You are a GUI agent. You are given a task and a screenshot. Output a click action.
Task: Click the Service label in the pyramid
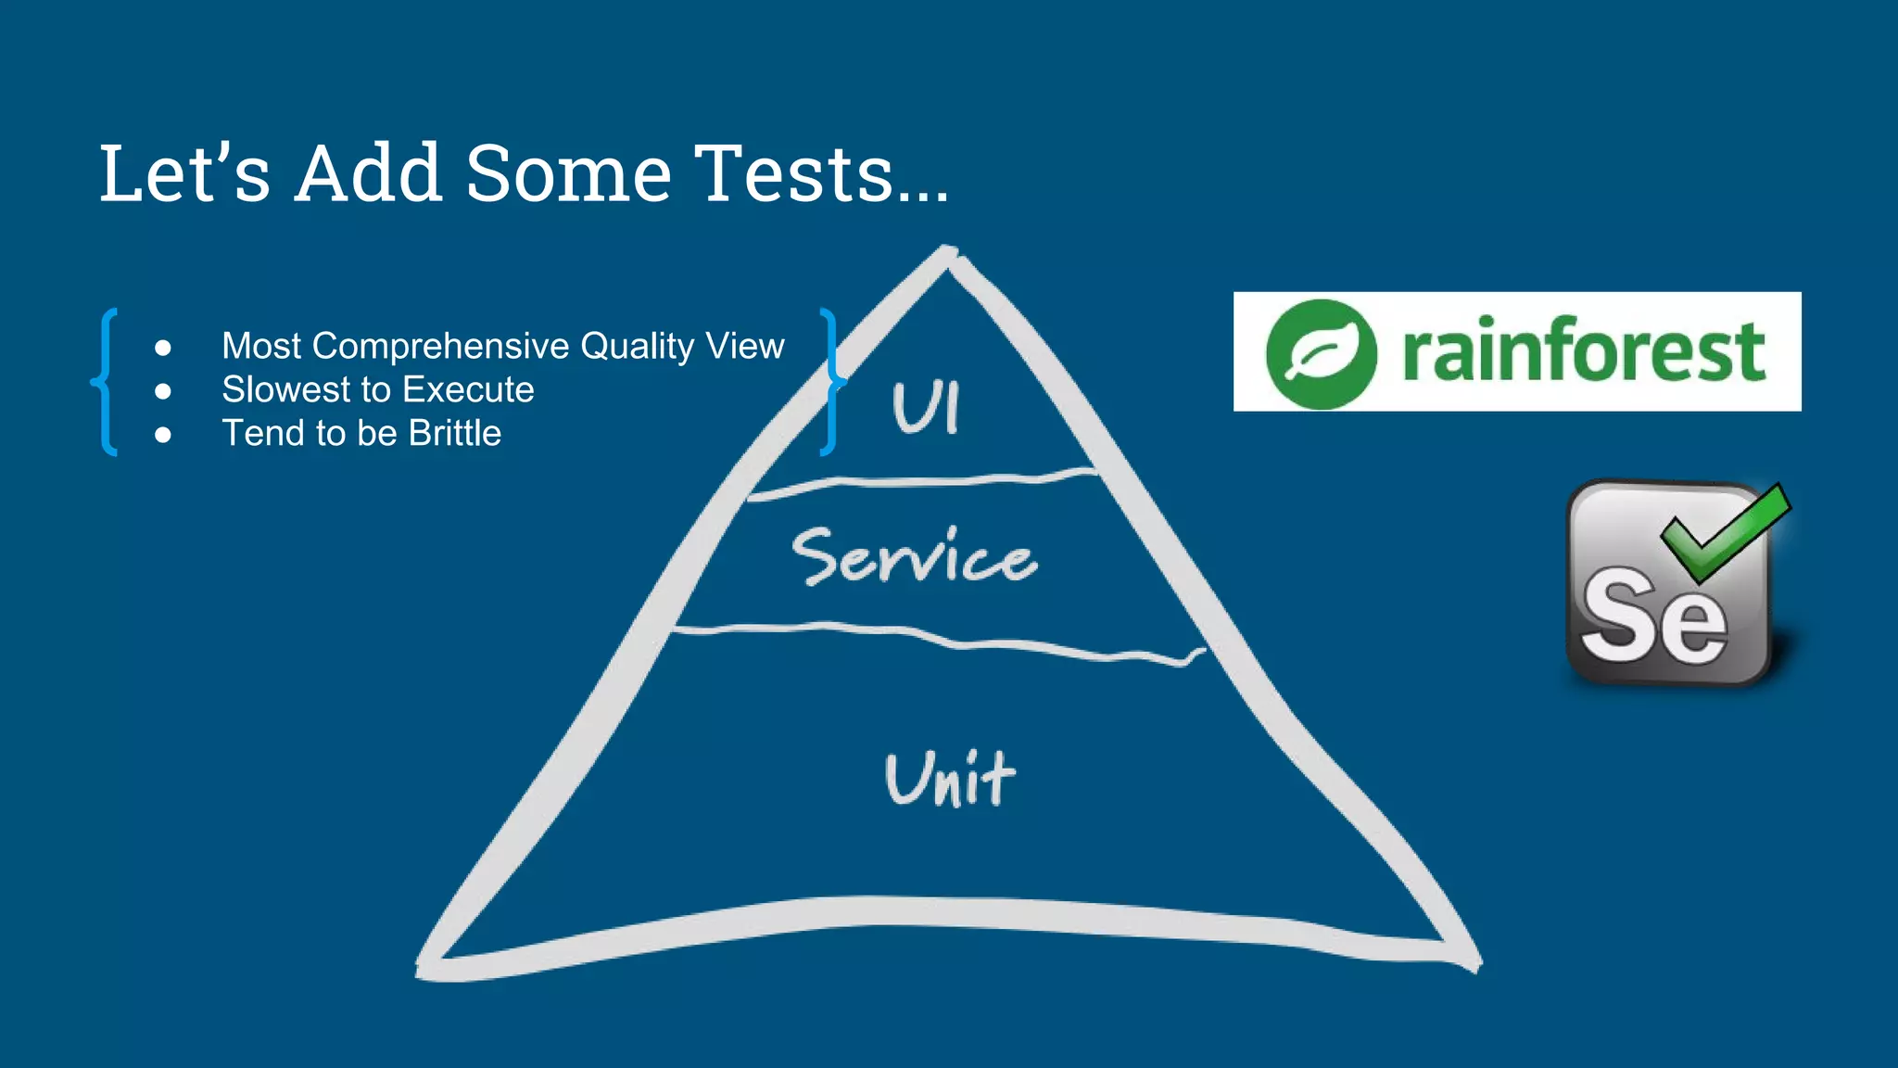[x=914, y=557]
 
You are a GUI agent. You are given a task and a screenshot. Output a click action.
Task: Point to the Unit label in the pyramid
[x=950, y=779]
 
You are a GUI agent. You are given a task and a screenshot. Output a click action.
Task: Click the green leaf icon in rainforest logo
[x=1322, y=353]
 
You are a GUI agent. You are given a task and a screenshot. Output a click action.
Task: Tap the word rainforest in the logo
[x=1583, y=351]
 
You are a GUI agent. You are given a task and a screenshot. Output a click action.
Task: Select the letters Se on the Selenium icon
[x=1653, y=617]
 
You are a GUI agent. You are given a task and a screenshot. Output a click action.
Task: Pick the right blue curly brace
[x=831, y=381]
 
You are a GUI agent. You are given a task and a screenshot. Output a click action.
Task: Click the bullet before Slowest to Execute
[x=163, y=391]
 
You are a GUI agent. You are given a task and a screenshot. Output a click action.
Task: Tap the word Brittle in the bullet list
[x=455, y=434]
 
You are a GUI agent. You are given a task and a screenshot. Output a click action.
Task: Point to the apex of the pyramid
[x=947, y=254]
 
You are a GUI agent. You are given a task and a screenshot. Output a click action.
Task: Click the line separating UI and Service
[x=922, y=481]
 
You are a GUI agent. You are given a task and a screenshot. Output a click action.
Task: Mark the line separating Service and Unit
[x=936, y=638]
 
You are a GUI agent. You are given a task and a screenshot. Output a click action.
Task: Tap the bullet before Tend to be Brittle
[x=163, y=435]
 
